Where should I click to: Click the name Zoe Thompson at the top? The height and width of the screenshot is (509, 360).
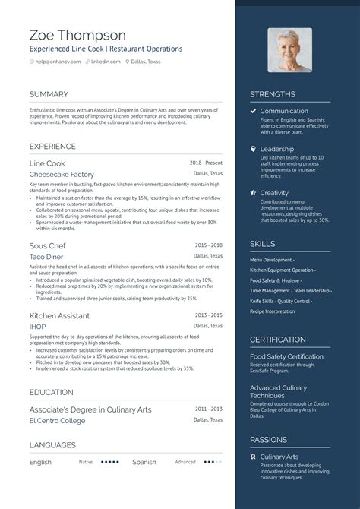(x=78, y=35)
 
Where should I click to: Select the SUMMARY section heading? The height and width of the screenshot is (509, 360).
(x=49, y=94)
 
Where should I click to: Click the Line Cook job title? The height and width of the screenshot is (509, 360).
(x=47, y=163)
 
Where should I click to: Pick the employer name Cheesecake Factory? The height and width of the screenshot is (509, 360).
(x=61, y=174)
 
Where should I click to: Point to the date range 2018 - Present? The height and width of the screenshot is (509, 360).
(x=207, y=163)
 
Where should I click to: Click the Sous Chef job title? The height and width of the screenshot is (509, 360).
(x=48, y=246)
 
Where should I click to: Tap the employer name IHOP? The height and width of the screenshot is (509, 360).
(x=37, y=326)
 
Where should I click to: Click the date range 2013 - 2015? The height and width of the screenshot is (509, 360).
(x=208, y=315)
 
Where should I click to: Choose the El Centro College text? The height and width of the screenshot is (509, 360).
(x=57, y=419)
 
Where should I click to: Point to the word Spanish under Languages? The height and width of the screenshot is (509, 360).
(x=144, y=462)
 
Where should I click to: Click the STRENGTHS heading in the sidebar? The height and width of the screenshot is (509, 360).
(x=273, y=94)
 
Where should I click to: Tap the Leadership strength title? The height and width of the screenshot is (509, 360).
(x=276, y=149)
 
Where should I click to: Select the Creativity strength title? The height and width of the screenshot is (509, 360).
(x=274, y=192)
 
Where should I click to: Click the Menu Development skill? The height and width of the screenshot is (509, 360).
(x=272, y=260)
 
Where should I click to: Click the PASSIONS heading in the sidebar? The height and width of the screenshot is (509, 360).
(x=269, y=439)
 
